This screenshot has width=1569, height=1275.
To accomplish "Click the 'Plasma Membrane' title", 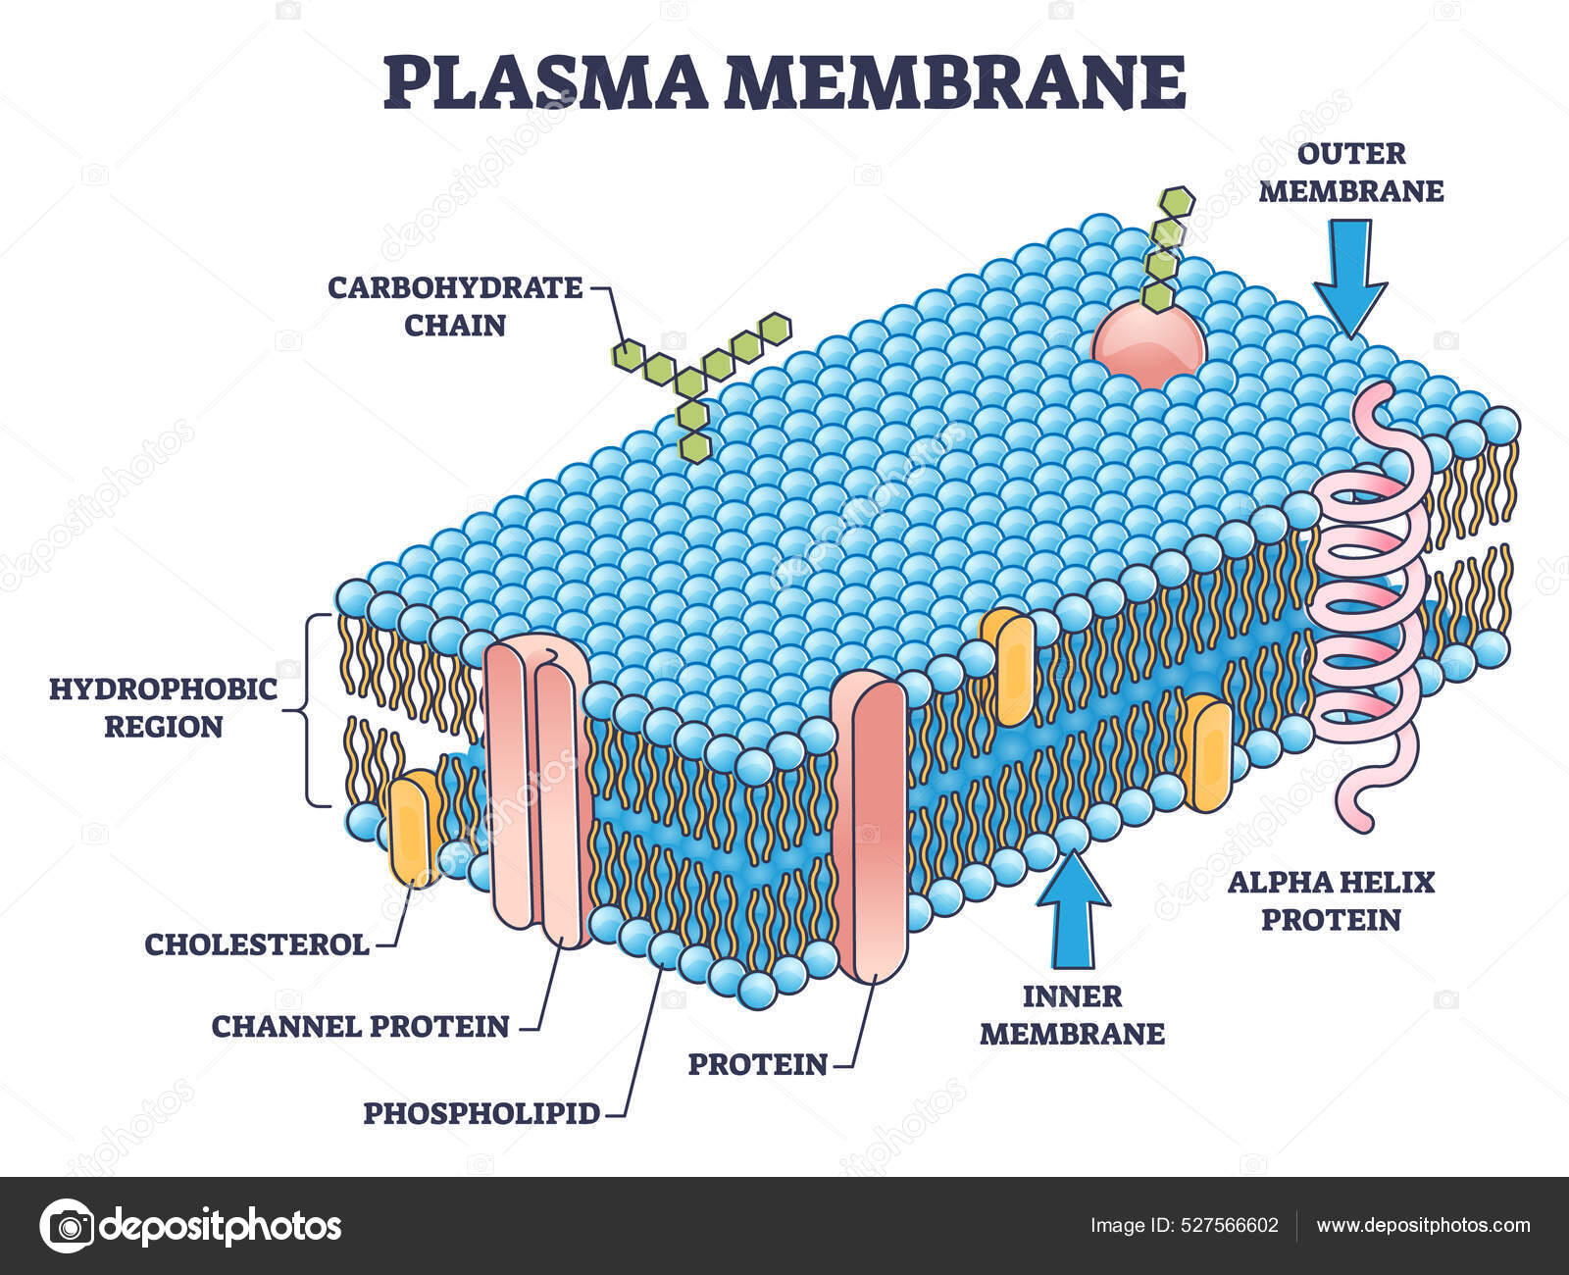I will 784,82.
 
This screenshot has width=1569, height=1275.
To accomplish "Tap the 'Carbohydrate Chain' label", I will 455,305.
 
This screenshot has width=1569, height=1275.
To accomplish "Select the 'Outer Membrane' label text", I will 1350,172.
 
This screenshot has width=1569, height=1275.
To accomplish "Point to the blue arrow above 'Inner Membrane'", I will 1073,907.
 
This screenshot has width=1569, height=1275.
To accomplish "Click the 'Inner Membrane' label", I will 1073,1015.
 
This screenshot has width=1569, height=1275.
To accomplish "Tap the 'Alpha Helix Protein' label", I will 1331,900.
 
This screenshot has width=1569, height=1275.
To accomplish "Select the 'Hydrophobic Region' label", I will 164,707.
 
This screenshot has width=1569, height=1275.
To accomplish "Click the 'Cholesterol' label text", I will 257,944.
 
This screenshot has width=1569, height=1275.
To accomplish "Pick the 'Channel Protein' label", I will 361,1026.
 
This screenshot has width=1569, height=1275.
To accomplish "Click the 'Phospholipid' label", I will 481,1113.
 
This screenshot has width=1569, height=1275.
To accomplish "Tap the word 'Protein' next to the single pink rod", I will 757,1063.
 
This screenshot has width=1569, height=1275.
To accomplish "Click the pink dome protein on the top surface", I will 1148,347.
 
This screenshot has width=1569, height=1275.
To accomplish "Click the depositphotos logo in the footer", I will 191,1226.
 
